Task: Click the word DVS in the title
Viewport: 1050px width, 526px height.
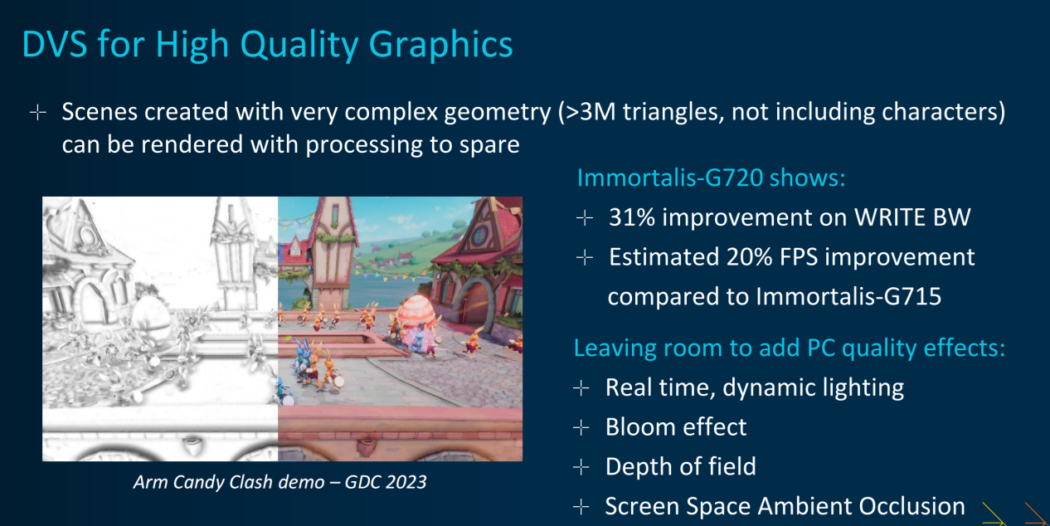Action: pos(55,45)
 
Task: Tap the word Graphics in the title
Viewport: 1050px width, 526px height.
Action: pos(440,46)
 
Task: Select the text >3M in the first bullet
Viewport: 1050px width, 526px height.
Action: pos(591,112)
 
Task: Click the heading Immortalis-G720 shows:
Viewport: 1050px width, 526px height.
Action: pos(711,178)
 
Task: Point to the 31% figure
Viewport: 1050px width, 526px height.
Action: pos(631,217)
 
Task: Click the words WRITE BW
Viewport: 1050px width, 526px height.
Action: pos(912,217)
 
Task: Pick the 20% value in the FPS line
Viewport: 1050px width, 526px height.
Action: pos(749,257)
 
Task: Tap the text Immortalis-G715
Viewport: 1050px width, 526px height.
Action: pos(848,297)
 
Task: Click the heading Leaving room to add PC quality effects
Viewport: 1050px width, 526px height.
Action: pos(790,348)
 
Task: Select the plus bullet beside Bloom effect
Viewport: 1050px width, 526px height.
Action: pos(581,427)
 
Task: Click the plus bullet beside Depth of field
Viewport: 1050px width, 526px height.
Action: pos(581,467)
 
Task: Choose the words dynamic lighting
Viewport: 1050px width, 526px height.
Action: pos(813,388)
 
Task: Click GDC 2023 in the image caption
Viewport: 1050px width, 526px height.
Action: pos(386,482)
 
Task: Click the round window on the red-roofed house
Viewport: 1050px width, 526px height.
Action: pos(479,236)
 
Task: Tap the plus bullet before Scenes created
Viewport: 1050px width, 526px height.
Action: pos(37,113)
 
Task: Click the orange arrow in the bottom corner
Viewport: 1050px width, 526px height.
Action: pos(1036,514)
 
